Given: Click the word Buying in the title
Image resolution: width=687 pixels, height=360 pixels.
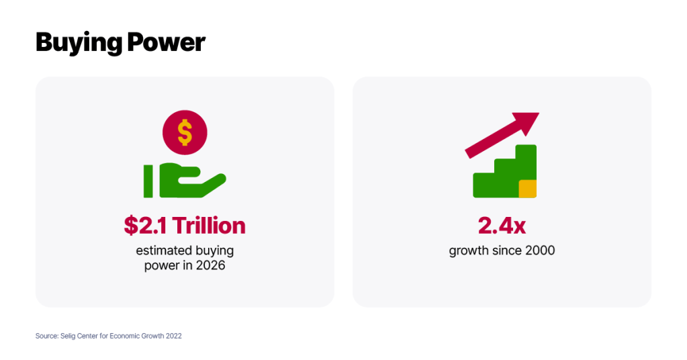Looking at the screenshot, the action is click(x=79, y=43).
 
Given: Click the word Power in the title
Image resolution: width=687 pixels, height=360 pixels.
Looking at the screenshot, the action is click(x=166, y=42).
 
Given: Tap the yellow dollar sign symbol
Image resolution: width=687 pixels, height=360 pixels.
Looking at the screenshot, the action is click(x=185, y=132).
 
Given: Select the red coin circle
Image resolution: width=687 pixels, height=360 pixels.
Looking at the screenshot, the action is click(x=185, y=132).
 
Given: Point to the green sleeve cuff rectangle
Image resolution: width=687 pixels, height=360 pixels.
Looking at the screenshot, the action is click(x=148, y=181).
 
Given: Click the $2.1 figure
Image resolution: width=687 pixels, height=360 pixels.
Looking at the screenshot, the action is click(x=145, y=226).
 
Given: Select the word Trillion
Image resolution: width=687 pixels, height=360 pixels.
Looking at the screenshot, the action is click(x=209, y=226).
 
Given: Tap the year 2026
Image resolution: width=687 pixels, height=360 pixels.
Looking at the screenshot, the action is click(x=210, y=265).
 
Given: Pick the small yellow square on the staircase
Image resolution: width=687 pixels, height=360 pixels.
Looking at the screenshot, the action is click(x=528, y=189).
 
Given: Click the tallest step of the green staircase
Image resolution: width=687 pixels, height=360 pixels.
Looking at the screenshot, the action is click(x=526, y=162).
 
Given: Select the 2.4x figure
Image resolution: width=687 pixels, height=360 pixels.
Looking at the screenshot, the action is click(x=502, y=226).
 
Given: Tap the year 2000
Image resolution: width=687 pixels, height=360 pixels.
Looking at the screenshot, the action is click(x=540, y=251).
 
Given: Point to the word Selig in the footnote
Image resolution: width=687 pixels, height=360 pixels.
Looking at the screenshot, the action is click(x=68, y=336).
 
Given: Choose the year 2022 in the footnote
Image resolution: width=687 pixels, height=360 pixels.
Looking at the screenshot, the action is click(x=173, y=336).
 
